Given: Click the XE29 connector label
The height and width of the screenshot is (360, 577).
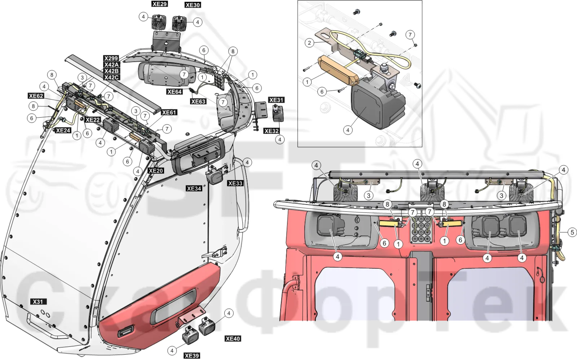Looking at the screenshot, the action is click(x=159, y=4).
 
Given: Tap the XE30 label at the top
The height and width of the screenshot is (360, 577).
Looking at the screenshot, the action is click(x=193, y=5).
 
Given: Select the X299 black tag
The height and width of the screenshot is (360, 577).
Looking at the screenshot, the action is click(x=111, y=58).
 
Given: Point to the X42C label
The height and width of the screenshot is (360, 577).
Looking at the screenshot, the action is click(x=111, y=77).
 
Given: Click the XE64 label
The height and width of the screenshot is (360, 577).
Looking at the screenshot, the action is click(x=175, y=92).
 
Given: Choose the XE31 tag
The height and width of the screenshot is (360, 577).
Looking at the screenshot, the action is click(x=276, y=100).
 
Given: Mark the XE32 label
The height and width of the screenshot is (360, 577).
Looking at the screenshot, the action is click(x=272, y=131).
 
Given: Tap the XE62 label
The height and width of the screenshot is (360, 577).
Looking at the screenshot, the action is click(x=36, y=96).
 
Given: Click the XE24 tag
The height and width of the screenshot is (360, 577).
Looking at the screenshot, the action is click(x=63, y=130).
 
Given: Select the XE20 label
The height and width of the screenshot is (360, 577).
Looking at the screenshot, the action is click(x=156, y=171).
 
